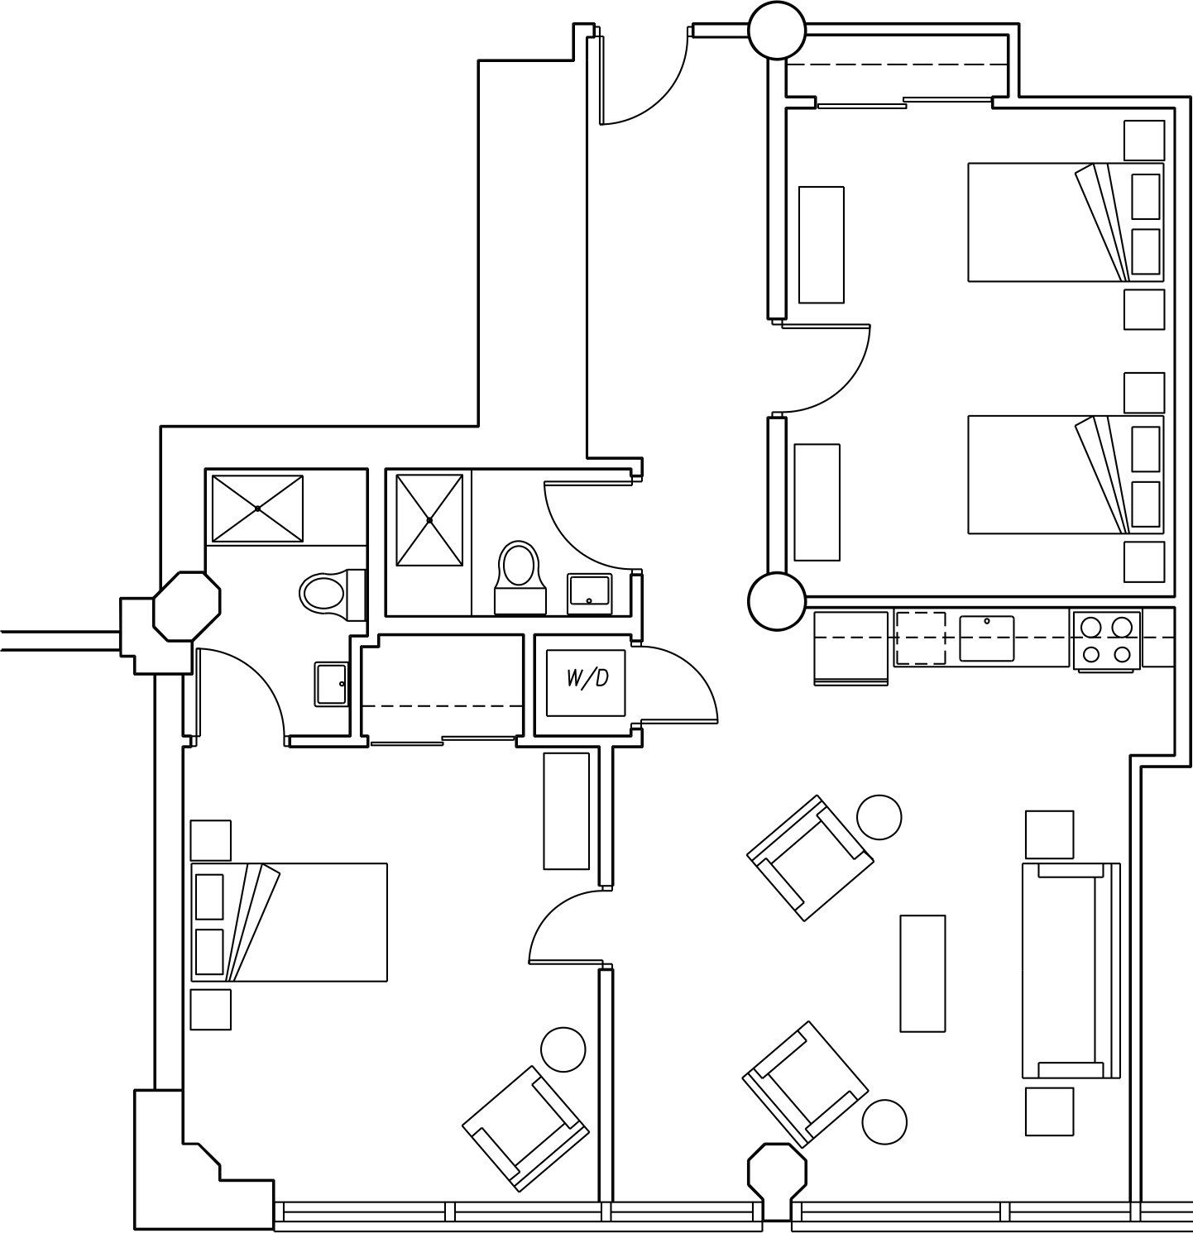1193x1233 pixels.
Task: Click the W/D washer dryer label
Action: pos(587,679)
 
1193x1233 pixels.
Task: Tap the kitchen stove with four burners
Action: pos(1106,640)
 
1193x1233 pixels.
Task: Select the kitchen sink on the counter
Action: pos(986,638)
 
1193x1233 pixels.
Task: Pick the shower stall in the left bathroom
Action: pos(257,508)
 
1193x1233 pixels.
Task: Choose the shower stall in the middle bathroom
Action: pos(429,520)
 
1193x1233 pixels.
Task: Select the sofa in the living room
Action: pos(1071,970)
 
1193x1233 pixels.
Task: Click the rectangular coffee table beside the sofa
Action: pos(922,973)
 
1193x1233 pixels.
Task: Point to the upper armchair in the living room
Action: pos(809,858)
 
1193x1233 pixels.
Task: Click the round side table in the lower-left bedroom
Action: pos(563,1049)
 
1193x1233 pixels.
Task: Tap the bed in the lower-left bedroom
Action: pos(290,922)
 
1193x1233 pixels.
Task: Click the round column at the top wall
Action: pos(776,31)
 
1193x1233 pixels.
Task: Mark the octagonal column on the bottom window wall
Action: pos(776,1173)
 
